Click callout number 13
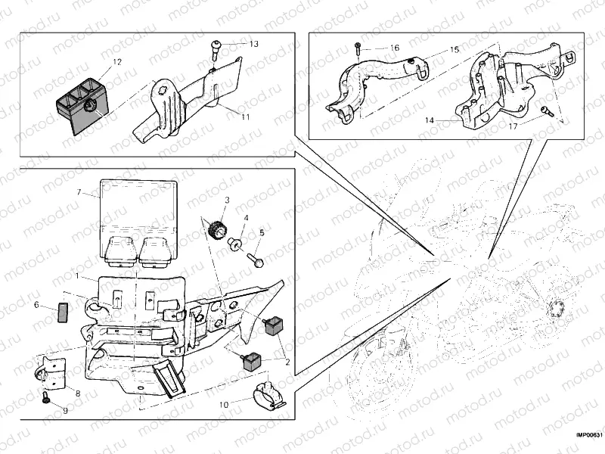253,44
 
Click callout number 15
455,49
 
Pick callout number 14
429,120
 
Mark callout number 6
36,305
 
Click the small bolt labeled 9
47,397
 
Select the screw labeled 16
357,50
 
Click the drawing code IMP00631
588,435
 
